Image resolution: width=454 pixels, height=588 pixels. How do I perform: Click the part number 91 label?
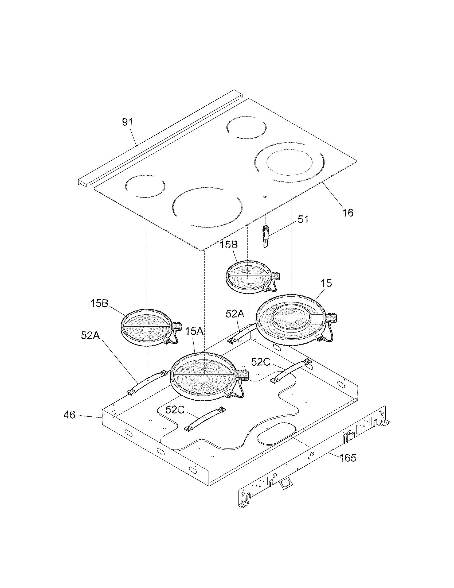coord(127,122)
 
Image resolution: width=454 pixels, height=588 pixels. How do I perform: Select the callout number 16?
coord(348,213)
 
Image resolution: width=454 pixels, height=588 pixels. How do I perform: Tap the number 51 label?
coord(303,220)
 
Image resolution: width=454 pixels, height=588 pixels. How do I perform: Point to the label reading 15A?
coord(194,331)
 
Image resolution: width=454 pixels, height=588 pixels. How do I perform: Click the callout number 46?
coord(69,415)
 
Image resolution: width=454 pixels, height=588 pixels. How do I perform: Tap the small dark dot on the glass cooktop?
coord(265,196)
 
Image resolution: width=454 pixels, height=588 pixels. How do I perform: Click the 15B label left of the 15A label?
coord(99,304)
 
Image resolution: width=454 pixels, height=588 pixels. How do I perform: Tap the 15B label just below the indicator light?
coord(229,245)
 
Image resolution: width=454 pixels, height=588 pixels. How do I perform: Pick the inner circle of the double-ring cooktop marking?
coord(290,162)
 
